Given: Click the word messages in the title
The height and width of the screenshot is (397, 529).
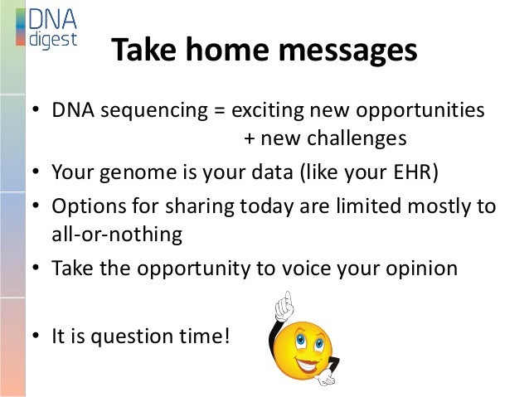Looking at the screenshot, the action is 348,51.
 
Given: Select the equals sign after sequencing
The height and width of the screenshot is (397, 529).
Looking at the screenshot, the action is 219,110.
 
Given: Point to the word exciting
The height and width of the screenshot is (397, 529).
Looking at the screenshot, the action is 268,111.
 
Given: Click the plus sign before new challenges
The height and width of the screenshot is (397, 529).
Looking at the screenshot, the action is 250,138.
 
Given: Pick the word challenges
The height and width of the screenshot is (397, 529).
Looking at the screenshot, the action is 357,138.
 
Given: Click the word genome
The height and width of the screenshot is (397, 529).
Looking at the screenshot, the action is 138,173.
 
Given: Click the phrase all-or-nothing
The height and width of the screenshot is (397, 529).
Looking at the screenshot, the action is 117,234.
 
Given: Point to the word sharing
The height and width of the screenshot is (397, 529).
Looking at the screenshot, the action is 199,206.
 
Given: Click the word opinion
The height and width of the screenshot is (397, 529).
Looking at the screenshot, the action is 422,269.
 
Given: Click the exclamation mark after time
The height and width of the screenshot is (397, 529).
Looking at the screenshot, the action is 226,336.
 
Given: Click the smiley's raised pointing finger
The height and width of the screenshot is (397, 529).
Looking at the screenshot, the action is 288,299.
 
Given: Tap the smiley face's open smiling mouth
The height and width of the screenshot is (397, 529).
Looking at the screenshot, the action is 308,366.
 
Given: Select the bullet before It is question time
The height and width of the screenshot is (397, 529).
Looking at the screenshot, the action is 36,336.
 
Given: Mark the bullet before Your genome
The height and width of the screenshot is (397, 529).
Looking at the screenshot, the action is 36,172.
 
